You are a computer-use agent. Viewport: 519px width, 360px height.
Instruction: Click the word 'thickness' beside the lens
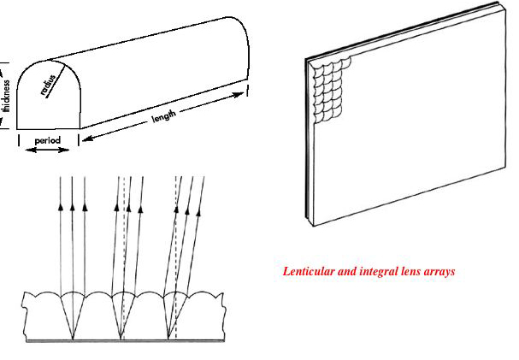click(6, 95)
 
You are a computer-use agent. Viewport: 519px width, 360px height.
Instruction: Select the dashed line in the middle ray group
click(125, 257)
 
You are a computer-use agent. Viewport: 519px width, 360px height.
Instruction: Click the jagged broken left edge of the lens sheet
click(27, 316)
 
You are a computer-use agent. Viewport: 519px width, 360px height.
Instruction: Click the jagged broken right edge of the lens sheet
click(224, 316)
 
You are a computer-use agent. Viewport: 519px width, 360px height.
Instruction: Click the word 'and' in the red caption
click(351, 271)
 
